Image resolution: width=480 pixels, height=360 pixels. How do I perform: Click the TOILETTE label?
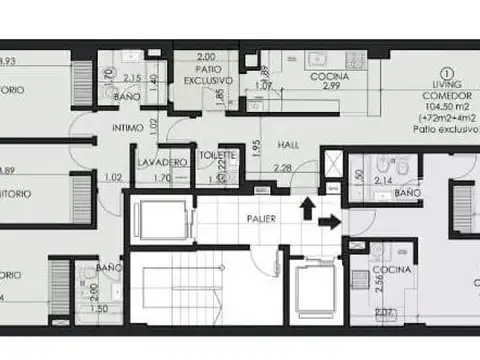[x=218, y=156]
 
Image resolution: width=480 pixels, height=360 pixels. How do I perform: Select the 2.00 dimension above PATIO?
[x=207, y=58]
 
